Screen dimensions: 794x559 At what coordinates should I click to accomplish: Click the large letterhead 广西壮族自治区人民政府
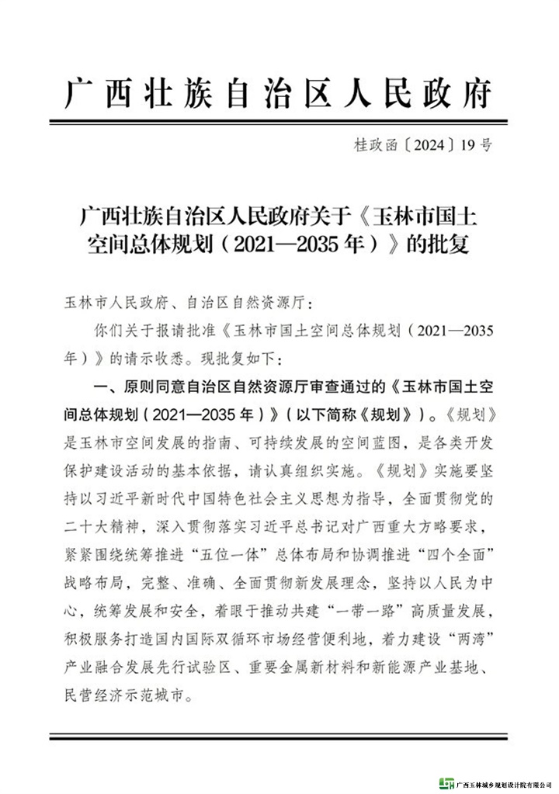279,93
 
